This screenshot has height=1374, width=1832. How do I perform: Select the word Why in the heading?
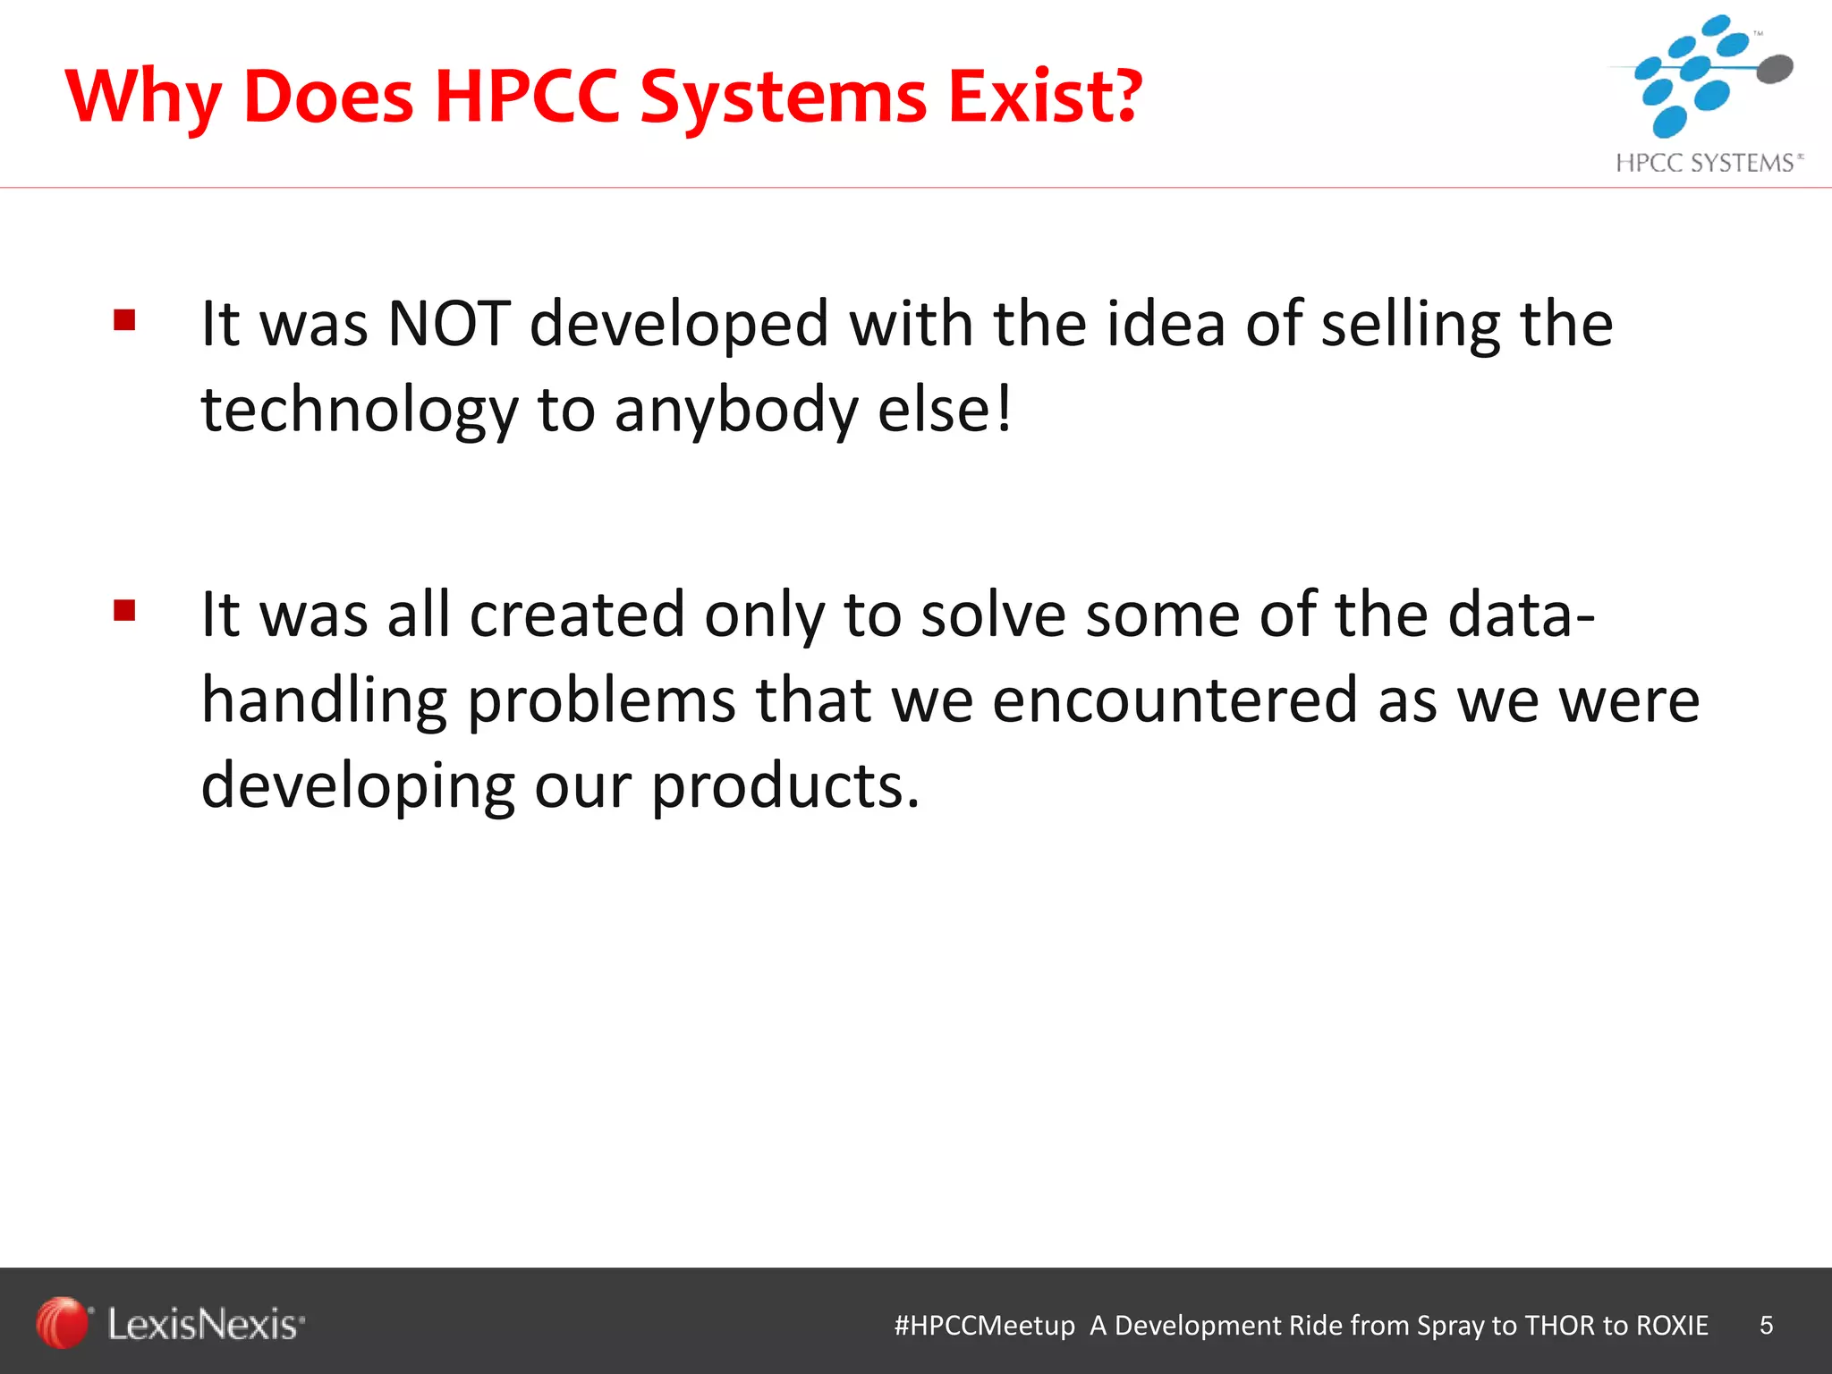(143, 98)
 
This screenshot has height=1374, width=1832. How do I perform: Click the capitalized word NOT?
(449, 324)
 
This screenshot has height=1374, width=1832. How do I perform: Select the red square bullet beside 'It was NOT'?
(124, 320)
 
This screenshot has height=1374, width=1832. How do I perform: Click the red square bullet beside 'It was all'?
(124, 611)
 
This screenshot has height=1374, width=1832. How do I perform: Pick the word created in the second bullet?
(577, 615)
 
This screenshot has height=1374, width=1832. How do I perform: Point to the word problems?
(601, 700)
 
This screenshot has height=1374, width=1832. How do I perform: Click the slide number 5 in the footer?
(1766, 1325)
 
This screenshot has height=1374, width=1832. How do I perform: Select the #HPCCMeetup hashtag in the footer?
(984, 1325)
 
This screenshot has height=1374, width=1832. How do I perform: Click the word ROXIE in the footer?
(1672, 1325)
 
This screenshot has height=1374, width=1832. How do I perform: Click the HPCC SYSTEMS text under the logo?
(1705, 163)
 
